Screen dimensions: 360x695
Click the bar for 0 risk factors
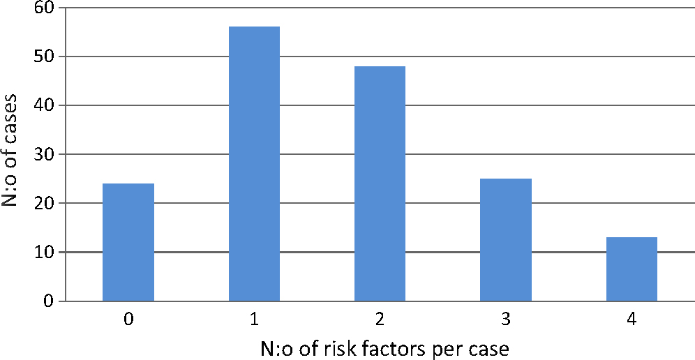128,242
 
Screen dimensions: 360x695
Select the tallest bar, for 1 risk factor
254,164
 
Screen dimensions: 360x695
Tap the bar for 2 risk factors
380,183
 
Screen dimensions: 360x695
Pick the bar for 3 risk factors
506,239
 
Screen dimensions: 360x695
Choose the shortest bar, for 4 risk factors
632,269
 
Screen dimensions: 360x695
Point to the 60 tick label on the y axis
47,8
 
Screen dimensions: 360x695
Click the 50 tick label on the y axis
47,57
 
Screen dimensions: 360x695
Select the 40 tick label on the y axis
47,105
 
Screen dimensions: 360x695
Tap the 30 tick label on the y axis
47,154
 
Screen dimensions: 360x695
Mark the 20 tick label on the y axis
47,203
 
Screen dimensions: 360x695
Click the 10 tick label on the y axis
47,252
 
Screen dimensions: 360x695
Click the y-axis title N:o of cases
15,153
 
